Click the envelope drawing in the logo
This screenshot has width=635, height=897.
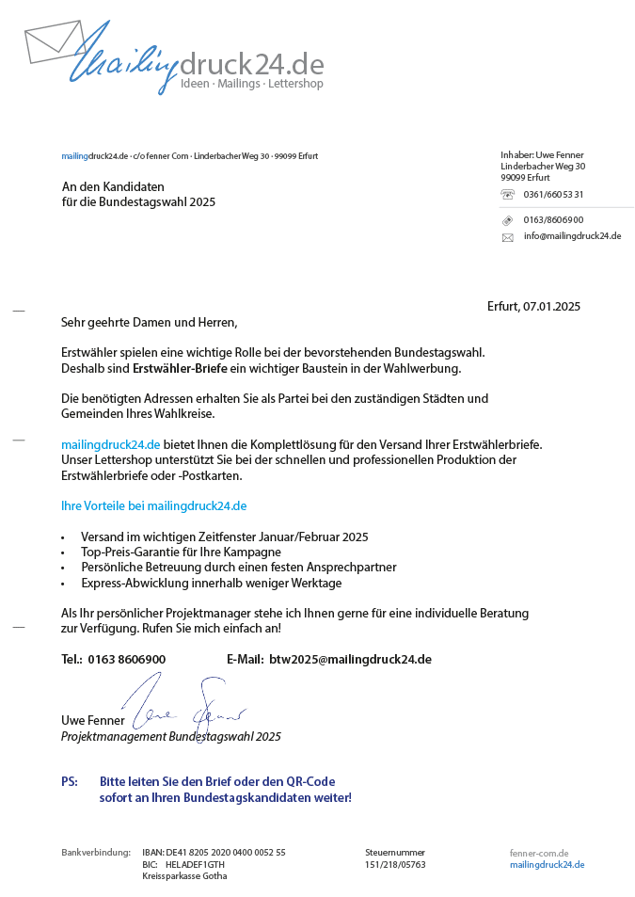pos(55,43)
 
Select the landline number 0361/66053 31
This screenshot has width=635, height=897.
pos(553,195)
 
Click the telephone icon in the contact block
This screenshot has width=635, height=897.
pos(508,195)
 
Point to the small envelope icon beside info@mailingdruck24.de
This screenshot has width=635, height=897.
pos(508,237)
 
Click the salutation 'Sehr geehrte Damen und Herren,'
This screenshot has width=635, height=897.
pos(149,322)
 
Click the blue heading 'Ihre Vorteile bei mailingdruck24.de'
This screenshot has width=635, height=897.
pos(153,505)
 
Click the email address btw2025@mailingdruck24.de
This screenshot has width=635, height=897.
pos(350,659)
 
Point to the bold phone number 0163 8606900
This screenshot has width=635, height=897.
pos(126,659)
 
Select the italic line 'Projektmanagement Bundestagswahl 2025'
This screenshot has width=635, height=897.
pos(170,737)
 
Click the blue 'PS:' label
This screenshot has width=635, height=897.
pos(70,781)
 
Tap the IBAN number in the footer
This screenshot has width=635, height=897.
pos(225,852)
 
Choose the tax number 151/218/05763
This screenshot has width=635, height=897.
pos(395,864)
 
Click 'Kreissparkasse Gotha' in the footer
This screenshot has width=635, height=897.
pos(184,875)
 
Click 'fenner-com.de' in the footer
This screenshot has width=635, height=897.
pos(539,853)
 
